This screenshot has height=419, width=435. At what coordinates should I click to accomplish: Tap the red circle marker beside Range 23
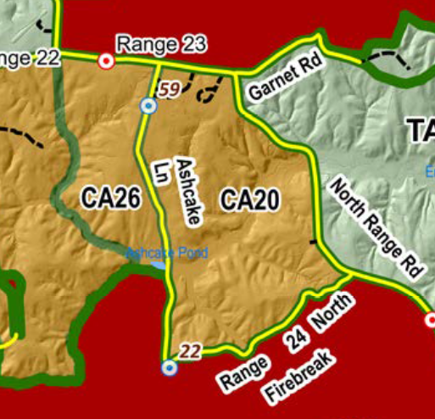[106, 61]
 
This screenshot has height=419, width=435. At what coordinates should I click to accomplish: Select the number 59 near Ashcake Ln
[169, 88]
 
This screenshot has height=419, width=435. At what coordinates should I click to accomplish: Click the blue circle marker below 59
[148, 106]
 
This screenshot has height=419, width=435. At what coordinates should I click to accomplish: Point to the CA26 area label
[110, 198]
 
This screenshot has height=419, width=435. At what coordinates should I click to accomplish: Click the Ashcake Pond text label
[155, 253]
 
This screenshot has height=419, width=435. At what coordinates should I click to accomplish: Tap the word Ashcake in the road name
[190, 191]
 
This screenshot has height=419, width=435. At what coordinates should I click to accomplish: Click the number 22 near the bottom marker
[191, 350]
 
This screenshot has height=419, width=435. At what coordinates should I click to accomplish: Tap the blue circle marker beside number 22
[169, 367]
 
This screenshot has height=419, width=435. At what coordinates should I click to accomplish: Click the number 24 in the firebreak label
[295, 338]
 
